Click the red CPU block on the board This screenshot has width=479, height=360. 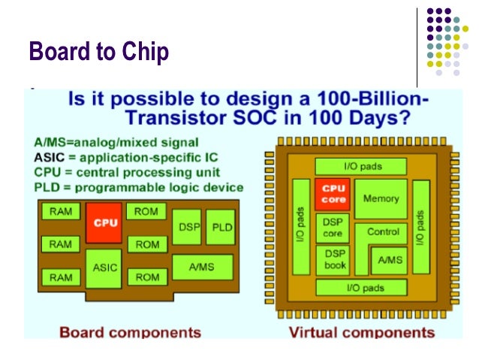click(x=104, y=222)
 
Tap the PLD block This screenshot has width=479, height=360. click(x=222, y=228)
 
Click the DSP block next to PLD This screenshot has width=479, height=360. click(x=188, y=228)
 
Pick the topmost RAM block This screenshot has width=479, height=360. click(x=60, y=213)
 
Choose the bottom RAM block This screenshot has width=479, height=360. click(x=60, y=277)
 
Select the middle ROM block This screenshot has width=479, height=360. click(x=147, y=244)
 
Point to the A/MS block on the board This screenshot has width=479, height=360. click(x=202, y=266)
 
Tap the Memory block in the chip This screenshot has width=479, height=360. click(x=381, y=199)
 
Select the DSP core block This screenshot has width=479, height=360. click(x=333, y=228)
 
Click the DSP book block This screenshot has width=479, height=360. click(x=335, y=260)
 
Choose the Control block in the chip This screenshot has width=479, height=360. click(x=383, y=232)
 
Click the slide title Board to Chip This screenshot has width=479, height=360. click(x=98, y=52)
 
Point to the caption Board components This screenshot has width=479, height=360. click(x=130, y=331)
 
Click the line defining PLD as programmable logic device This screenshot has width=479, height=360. click(x=139, y=187)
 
